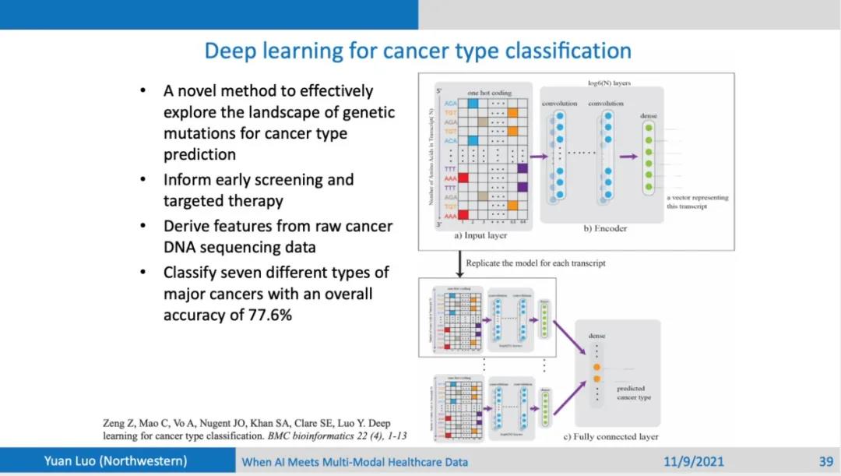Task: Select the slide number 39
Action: (x=826, y=461)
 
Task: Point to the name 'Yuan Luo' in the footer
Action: (x=79, y=461)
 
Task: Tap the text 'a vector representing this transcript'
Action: (x=698, y=202)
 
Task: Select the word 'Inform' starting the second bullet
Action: (x=187, y=180)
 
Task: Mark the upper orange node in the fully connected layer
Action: (x=596, y=366)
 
